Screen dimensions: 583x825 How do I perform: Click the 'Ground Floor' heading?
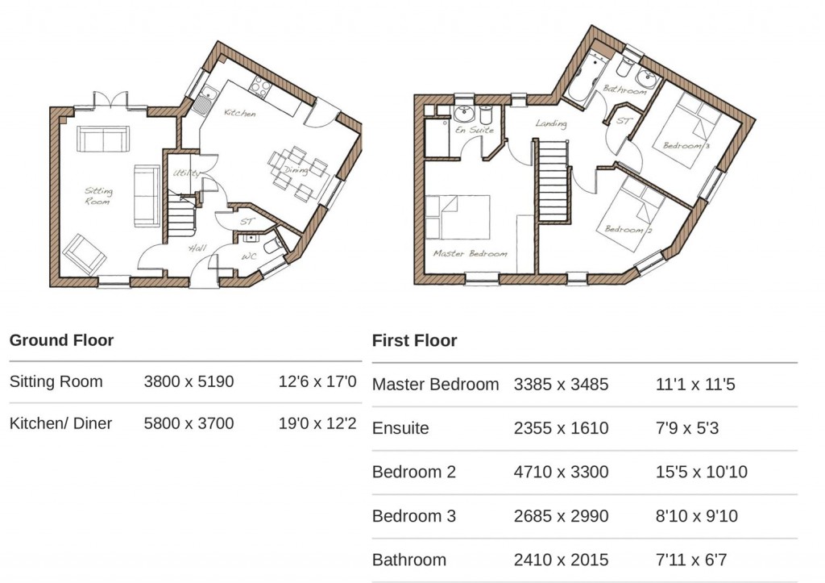click(61, 340)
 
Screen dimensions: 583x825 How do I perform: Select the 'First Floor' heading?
click(414, 340)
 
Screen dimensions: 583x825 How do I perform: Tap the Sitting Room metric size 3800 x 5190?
click(189, 381)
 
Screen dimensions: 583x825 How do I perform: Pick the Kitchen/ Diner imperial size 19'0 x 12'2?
click(317, 423)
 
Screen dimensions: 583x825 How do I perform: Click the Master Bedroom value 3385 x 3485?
click(561, 385)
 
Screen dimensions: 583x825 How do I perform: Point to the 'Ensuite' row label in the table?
click(400, 428)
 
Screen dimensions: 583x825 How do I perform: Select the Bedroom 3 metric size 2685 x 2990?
click(561, 516)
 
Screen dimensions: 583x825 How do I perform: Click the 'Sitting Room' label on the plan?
click(99, 197)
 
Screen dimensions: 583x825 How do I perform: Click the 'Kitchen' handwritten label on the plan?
click(240, 114)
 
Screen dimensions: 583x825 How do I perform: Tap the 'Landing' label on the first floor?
click(551, 124)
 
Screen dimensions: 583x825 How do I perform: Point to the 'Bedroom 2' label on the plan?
click(624, 230)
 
